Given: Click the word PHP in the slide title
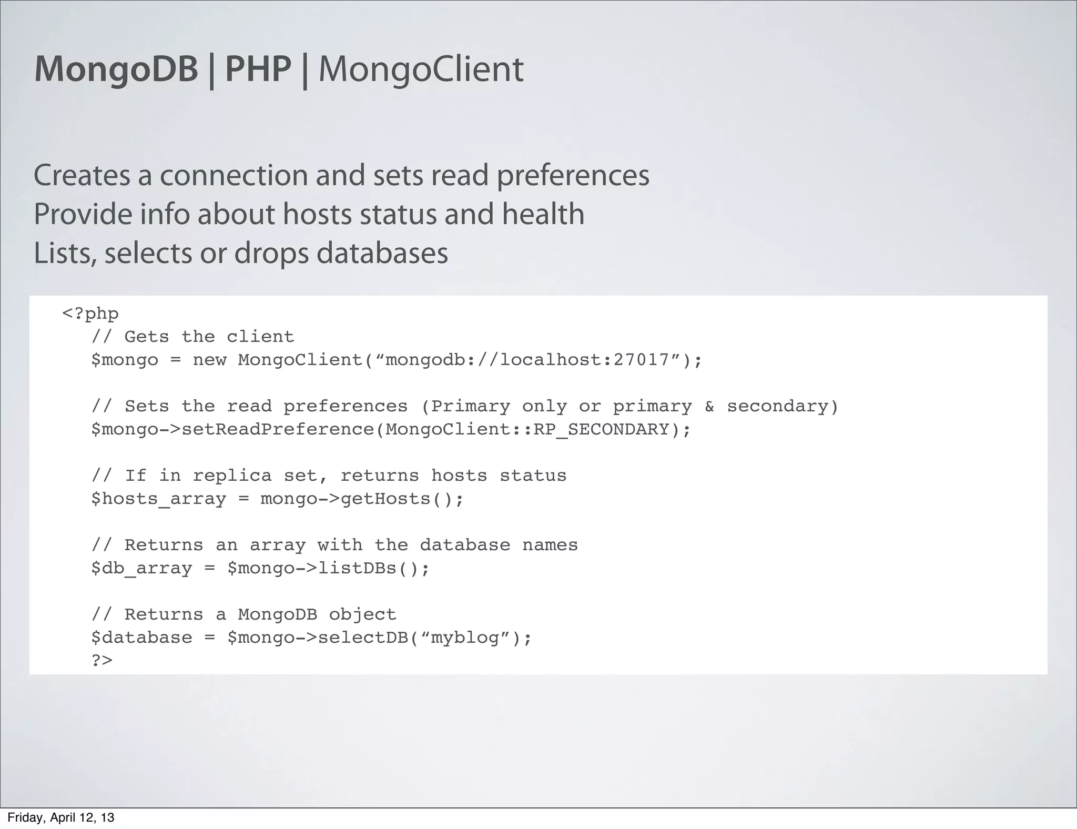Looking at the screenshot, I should click(x=258, y=69).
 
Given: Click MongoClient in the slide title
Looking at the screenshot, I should click(x=421, y=69).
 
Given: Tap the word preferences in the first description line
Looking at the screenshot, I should click(x=573, y=176).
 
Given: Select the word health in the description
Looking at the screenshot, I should click(x=543, y=215).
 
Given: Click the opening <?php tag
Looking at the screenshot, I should click(x=90, y=314).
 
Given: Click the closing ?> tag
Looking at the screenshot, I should click(x=102, y=660).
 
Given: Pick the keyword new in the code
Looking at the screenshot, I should click(x=209, y=360).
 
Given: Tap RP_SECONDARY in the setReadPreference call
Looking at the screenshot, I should click(x=601, y=429).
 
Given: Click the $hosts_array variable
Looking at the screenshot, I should click(x=158, y=499).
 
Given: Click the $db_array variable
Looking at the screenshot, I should click(x=141, y=568).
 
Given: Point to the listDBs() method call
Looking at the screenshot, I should click(x=373, y=568).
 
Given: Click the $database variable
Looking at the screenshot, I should click(x=141, y=638).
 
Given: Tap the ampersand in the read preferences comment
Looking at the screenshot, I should click(x=709, y=406).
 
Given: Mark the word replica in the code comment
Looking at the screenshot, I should click(x=232, y=476).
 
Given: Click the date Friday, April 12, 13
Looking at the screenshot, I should click(x=60, y=817).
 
